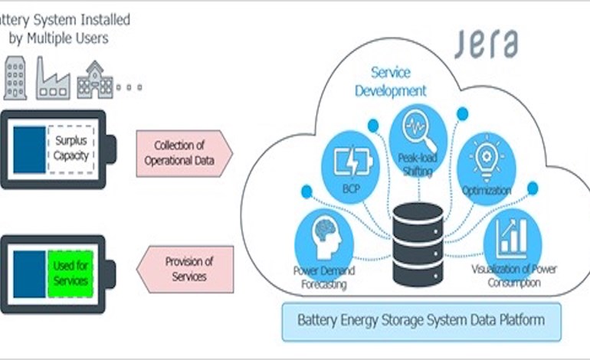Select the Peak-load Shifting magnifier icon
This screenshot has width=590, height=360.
[418, 135]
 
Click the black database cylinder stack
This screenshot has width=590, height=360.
[417, 244]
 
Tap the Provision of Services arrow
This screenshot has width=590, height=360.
[185, 269]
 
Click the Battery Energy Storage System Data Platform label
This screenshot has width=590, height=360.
[421, 320]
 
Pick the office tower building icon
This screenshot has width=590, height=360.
[16, 76]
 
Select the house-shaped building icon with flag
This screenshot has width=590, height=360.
[94, 79]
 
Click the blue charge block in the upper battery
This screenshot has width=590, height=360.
[29, 149]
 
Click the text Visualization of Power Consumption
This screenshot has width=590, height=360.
[514, 277]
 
